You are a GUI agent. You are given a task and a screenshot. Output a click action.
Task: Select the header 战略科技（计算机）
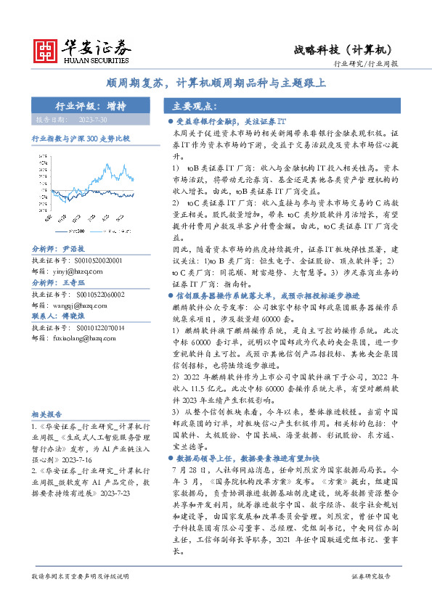click(343, 49)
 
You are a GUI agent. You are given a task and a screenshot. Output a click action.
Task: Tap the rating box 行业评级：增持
click(91, 105)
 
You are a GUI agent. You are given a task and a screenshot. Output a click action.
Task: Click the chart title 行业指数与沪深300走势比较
click(81, 138)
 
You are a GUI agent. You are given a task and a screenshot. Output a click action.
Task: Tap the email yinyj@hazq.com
click(79, 271)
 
